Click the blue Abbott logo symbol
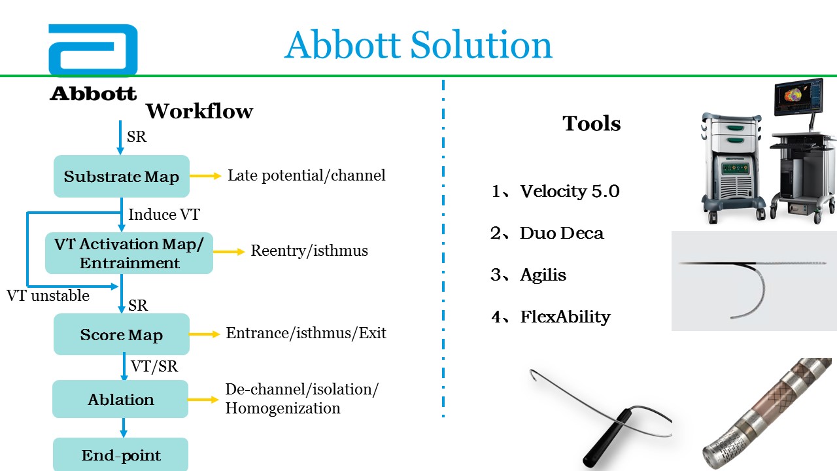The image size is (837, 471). click(93, 50)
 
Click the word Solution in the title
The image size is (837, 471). click(481, 45)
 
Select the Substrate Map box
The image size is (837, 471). click(122, 176)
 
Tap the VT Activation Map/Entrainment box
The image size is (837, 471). click(129, 253)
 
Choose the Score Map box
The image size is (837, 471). click(122, 334)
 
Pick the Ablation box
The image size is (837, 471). click(120, 399)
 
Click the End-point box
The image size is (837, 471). click(121, 455)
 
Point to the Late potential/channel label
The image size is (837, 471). click(307, 175)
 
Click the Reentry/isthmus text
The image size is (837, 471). click(309, 251)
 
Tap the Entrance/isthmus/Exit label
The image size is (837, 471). click(306, 333)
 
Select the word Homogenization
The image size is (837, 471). click(283, 408)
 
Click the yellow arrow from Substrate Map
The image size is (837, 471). click(205, 176)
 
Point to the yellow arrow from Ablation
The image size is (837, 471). click(203, 400)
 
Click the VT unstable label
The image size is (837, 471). click(48, 296)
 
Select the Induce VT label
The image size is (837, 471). click(164, 215)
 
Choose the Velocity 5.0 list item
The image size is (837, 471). click(555, 192)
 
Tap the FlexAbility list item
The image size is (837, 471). click(551, 317)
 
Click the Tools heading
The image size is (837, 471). click(592, 124)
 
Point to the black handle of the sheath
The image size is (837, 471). click(609, 438)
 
